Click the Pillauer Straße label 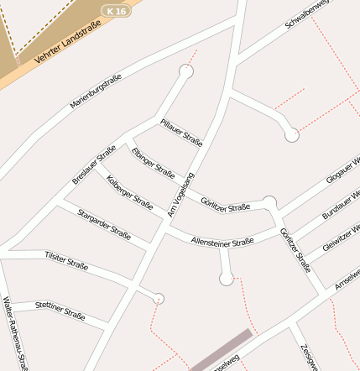(x=181, y=132)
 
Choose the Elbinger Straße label (x=154, y=161)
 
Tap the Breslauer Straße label (x=93, y=165)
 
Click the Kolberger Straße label (x=130, y=192)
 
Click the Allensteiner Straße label (x=222, y=242)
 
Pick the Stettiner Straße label (x=60, y=311)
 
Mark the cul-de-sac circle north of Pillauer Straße (x=186, y=72)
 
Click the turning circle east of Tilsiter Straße (x=159, y=299)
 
